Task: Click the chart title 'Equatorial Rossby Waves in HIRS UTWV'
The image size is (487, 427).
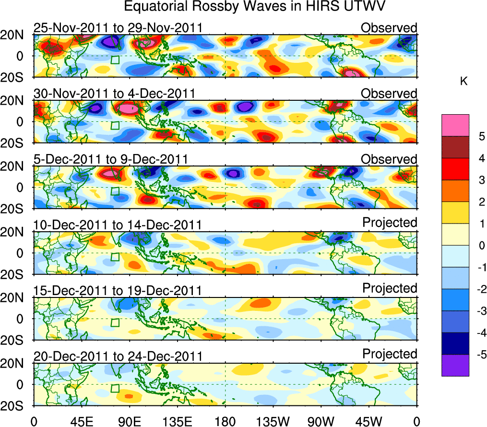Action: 255,7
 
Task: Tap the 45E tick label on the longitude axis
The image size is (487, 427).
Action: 81,421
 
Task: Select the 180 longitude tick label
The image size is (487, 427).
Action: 225,421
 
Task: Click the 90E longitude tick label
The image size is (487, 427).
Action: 129,421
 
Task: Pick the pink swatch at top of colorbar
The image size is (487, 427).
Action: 455,125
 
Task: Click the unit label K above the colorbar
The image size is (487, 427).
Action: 463,82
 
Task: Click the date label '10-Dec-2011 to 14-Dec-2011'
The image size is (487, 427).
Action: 118,225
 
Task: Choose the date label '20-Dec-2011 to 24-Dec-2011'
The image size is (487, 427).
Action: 118,356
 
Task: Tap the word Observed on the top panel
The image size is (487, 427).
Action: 389,28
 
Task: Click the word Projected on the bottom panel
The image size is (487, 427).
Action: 390,354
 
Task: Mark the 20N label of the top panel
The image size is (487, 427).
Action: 16,35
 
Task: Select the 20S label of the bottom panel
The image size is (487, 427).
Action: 16,406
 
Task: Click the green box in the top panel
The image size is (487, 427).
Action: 115,59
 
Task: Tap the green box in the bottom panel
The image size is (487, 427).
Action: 115,388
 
